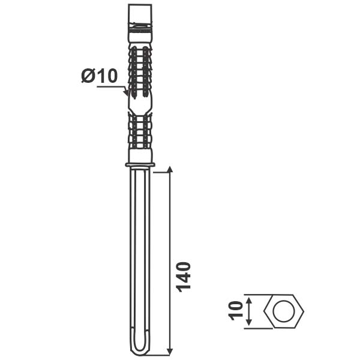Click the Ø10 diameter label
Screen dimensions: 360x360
point(100,76)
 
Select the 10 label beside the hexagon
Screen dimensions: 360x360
point(235,311)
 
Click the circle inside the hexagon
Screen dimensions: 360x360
point(284,311)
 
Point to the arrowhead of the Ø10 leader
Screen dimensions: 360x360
point(126,92)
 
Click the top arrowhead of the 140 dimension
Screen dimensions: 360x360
point(170,169)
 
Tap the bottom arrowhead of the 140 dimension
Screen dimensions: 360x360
point(170,352)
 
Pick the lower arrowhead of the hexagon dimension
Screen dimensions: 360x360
point(249,322)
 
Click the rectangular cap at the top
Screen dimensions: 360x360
point(140,14)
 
